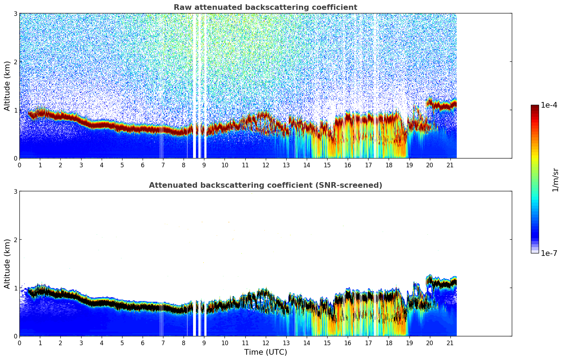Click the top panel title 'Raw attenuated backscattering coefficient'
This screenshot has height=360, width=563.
coord(265,7)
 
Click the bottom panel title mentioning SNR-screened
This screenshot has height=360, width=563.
coord(265,185)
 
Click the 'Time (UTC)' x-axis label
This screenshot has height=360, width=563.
coord(265,352)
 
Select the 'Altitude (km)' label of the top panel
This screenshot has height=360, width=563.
coord(7,86)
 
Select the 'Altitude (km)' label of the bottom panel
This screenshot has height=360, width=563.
coord(7,264)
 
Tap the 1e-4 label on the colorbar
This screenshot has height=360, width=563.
coord(549,105)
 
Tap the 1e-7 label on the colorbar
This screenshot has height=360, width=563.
coord(549,253)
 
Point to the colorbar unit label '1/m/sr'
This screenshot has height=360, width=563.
coord(555,180)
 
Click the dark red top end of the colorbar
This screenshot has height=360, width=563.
coord(535,107)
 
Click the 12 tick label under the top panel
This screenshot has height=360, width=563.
coord(265,165)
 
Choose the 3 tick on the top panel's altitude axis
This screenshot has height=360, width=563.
coord(15,13)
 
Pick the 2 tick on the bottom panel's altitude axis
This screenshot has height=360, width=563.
coord(15,240)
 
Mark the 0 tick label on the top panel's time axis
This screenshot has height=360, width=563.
coord(19,165)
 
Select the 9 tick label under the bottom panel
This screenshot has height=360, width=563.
coord(204,343)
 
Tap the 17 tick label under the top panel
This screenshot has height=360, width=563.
coord(368,165)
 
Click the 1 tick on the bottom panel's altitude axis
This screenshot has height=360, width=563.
coord(15,288)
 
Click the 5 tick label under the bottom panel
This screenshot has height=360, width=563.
coord(122,343)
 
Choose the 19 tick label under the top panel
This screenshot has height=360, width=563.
coord(409,165)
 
